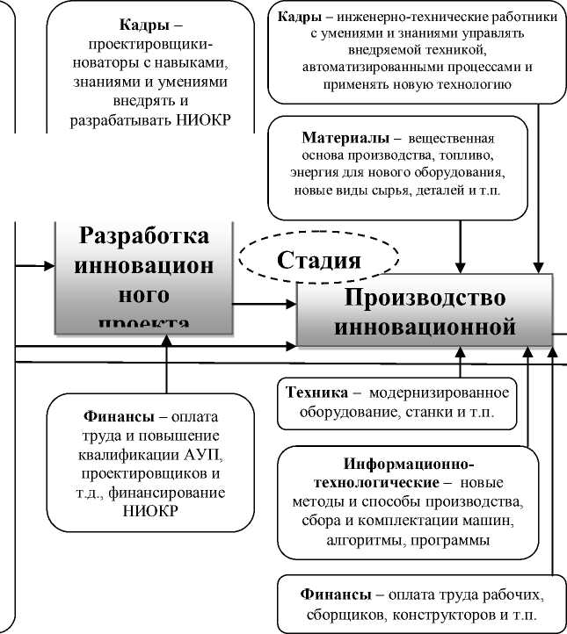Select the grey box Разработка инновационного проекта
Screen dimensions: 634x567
point(144,275)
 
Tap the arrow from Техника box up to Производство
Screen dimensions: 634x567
point(460,362)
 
